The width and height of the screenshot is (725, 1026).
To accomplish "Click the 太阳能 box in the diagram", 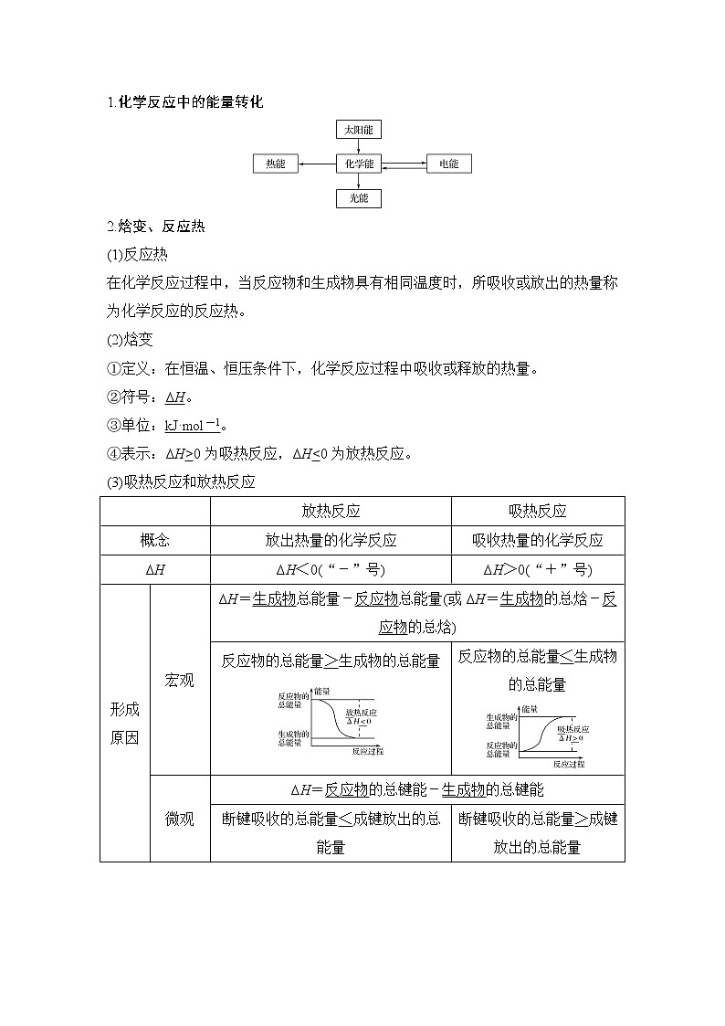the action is tap(359, 130).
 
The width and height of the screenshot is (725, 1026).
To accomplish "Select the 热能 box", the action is tap(276, 164).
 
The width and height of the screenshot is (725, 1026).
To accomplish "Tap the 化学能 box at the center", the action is tap(359, 164).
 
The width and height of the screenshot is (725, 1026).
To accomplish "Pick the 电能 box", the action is tap(448, 164).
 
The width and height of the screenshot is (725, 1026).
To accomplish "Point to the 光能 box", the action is tap(359, 198).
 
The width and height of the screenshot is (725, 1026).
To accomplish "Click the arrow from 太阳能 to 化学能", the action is tap(359, 146).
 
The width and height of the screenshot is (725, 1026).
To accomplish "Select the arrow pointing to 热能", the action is tap(317, 164).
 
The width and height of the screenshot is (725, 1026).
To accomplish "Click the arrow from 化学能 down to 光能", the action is tap(359, 181).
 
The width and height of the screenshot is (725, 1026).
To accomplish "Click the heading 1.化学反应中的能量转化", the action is tap(185, 102).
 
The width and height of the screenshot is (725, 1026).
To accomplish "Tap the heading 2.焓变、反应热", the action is tap(156, 227).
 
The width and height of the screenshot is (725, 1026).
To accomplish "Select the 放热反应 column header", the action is tap(331, 512).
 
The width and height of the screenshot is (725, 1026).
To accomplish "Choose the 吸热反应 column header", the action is tap(538, 512).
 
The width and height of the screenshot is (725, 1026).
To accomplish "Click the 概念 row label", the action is tap(155, 540).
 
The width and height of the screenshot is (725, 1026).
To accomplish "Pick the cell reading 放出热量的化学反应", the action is tap(331, 540).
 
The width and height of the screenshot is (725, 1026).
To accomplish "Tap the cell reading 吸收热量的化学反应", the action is tap(538, 540).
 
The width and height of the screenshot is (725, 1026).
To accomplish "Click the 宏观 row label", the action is tap(180, 680).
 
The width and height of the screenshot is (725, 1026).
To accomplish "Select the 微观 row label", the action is tap(180, 819).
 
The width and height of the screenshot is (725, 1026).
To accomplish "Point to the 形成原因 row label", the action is tap(125, 724).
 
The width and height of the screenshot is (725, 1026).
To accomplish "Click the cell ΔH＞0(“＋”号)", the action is tap(538, 569).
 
